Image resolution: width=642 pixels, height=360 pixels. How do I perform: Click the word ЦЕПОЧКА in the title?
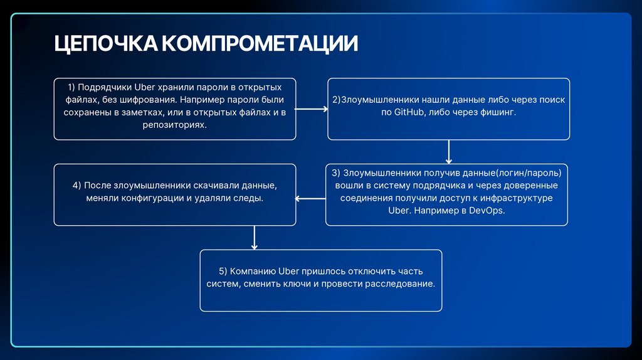(105, 44)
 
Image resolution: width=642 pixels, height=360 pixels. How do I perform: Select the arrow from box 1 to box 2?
(312, 109)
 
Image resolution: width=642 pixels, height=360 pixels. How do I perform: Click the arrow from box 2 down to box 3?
(449, 151)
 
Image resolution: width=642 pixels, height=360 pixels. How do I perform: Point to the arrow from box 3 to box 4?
(310, 199)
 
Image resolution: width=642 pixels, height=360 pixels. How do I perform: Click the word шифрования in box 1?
(144, 99)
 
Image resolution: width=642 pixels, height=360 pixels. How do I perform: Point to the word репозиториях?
(174, 125)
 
